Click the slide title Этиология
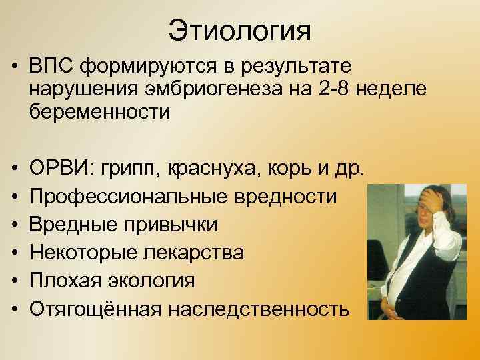[x=239, y=31]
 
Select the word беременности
[x=99, y=113]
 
